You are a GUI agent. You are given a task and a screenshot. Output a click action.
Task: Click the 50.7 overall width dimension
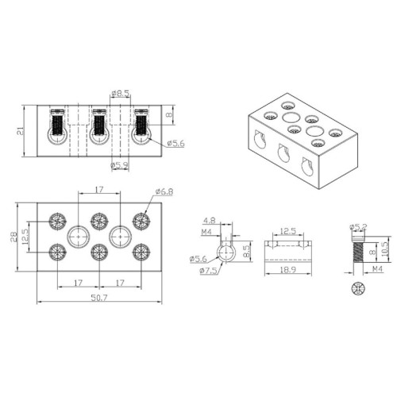click(x=98, y=298)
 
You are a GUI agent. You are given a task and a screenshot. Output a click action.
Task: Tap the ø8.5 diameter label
click(x=121, y=94)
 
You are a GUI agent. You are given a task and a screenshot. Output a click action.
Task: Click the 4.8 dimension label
click(x=210, y=222)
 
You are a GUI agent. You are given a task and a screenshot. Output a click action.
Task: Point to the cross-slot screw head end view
click(x=355, y=286)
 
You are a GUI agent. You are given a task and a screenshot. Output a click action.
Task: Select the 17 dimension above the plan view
click(x=98, y=190)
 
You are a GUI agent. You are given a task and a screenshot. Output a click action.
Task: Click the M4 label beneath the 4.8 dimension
click(x=207, y=233)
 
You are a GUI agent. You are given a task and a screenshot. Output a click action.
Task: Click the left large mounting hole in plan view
click(x=78, y=236)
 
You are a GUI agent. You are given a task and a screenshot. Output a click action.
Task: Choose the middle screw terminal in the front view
click(x=98, y=127)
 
